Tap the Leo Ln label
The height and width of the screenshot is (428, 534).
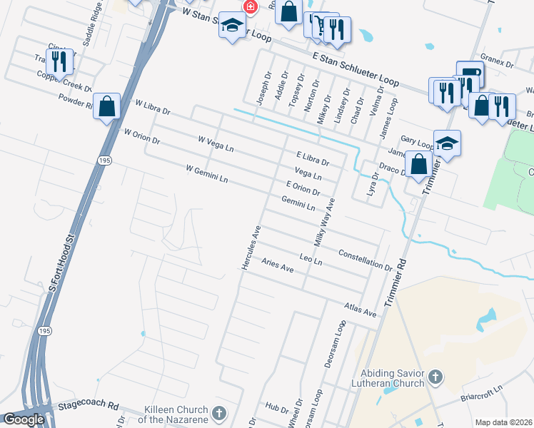pos(311,260)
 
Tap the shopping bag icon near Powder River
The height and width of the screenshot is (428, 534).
pos(106,107)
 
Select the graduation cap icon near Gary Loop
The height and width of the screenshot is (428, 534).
pos(446,143)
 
